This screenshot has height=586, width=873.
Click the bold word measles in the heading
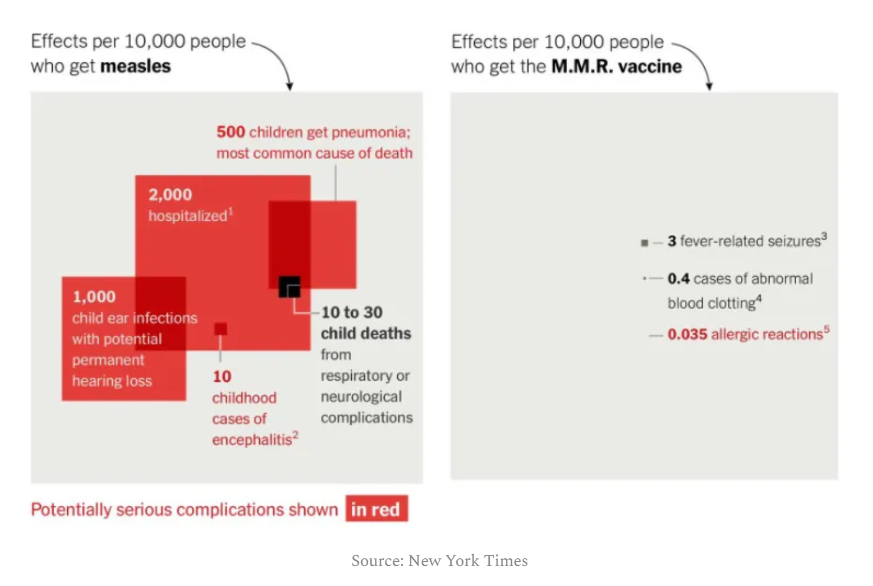point(135,66)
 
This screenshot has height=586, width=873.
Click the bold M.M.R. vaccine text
point(616,66)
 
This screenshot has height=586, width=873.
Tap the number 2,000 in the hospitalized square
point(170,195)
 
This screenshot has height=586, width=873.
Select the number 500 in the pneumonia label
point(230,132)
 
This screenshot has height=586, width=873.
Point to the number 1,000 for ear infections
point(94,297)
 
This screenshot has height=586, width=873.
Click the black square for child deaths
point(289,287)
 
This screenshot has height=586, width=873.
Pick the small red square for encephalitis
point(220,329)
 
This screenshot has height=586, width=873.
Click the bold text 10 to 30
point(352,312)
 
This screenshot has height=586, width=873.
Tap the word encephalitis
point(252,440)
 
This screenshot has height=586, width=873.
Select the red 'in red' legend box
point(377,509)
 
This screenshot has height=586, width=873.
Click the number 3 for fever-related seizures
point(672,241)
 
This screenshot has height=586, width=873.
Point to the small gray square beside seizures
point(645,243)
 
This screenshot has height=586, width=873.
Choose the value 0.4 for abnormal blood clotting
point(678,279)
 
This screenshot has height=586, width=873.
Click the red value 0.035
point(687,335)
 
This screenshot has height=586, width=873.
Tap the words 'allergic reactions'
point(767,335)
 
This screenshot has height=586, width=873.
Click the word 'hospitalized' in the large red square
point(188,216)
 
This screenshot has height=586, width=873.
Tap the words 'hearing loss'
point(112,381)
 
